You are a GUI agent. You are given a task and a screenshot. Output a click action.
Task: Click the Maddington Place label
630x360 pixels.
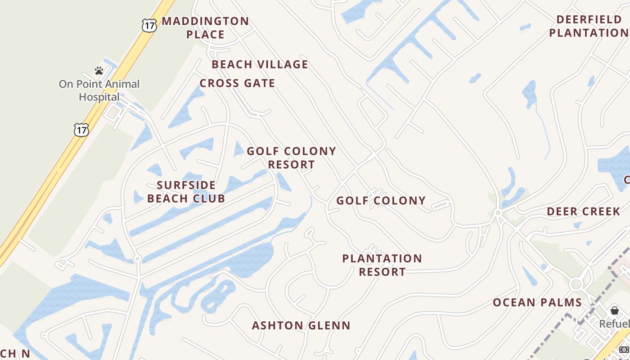coord(205,27)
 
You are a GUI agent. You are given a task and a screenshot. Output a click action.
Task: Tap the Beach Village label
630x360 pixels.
coord(260,64)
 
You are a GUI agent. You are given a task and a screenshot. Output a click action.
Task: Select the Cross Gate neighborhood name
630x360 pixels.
coord(237,83)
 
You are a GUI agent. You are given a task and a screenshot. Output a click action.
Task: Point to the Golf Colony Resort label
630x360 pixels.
coord(291,157)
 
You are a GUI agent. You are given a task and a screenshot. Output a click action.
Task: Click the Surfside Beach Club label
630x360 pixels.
coord(186,192)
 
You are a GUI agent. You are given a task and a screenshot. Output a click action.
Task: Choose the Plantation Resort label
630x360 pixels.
coord(382,265)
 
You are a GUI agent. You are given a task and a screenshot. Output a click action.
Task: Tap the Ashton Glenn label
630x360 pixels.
coord(301,325)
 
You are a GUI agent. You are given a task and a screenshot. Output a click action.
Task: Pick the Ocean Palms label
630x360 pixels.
coord(537,302)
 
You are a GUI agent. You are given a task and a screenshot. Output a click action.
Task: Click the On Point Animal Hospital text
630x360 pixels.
coord(99,90)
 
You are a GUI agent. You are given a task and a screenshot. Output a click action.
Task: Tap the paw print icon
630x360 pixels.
coord(99,71)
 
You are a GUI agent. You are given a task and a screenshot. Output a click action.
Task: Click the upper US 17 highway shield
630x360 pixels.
coord(149,25)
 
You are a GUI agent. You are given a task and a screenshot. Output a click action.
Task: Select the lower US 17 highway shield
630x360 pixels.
coord(81,130)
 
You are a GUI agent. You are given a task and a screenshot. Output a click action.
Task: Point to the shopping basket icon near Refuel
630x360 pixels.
coord(615,310)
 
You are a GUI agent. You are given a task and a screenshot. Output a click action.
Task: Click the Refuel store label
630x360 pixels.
coord(615,324)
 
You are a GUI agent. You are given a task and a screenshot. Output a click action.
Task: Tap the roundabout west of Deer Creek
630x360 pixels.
coord(498,213)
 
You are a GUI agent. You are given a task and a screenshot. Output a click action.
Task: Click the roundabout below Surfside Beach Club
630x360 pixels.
coord(137,259)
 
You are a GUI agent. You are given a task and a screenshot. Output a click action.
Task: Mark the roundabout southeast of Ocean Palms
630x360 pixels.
coord(576,284)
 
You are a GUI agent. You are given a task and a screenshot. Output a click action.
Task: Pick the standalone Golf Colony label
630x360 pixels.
coord(381,201)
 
